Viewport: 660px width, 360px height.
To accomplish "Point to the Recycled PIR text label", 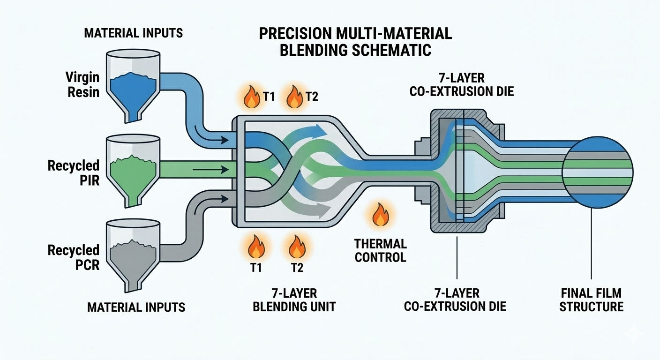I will coord(74,172).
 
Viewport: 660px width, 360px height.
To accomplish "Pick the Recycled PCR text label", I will coord(74,257).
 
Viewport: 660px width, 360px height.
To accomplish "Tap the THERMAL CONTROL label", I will coord(380,250).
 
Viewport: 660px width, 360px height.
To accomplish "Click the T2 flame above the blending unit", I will coord(295,96).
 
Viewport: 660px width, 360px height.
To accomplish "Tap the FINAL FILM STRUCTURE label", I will coord(592,300).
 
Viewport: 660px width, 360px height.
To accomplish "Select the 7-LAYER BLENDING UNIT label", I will coord(294,300).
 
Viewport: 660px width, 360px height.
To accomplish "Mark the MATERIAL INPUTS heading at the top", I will coord(134,33).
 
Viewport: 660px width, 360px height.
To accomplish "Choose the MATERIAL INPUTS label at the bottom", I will coord(136,307).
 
